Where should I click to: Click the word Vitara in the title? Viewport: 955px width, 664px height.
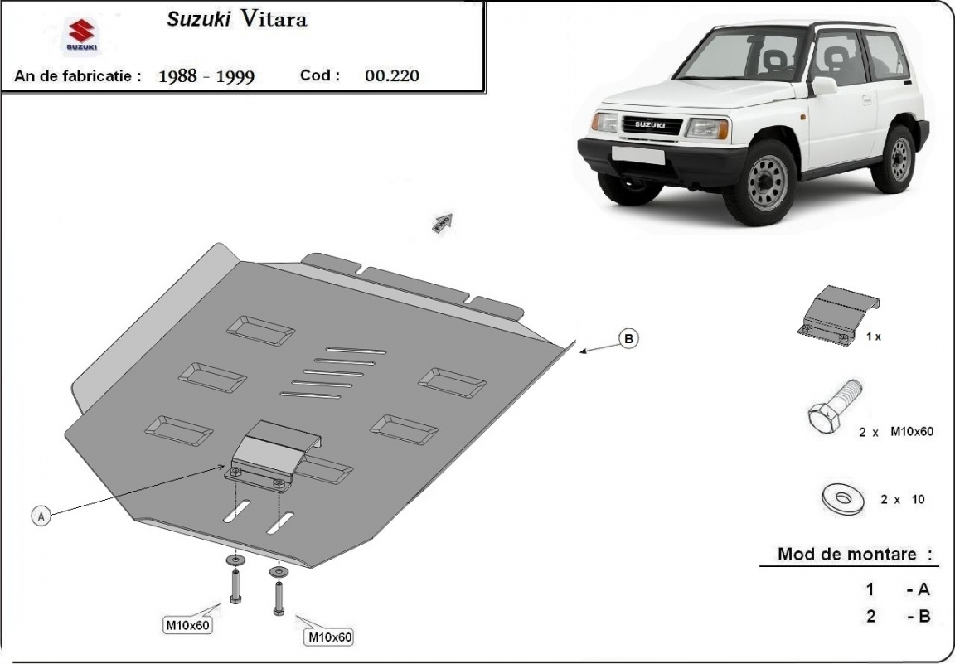[x=274, y=19]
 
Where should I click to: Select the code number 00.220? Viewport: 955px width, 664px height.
[x=391, y=75]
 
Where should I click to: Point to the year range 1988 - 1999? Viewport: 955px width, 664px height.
[x=206, y=76]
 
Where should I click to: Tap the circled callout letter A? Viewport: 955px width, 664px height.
[x=41, y=516]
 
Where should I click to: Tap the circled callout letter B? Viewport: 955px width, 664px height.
[x=628, y=338]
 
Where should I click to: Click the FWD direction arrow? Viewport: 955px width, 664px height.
[x=443, y=222]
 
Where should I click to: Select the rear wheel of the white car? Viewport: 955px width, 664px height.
[x=895, y=158]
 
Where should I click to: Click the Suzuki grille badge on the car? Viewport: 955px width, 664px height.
[x=650, y=124]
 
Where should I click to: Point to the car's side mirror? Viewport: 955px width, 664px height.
[x=823, y=86]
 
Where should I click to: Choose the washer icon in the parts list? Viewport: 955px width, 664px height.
[x=842, y=498]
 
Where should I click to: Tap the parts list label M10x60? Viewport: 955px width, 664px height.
[x=912, y=431]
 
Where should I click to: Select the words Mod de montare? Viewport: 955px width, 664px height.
[x=847, y=555]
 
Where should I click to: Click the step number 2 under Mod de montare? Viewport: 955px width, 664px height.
[x=871, y=616]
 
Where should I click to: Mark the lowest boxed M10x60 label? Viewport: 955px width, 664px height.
[x=329, y=637]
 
